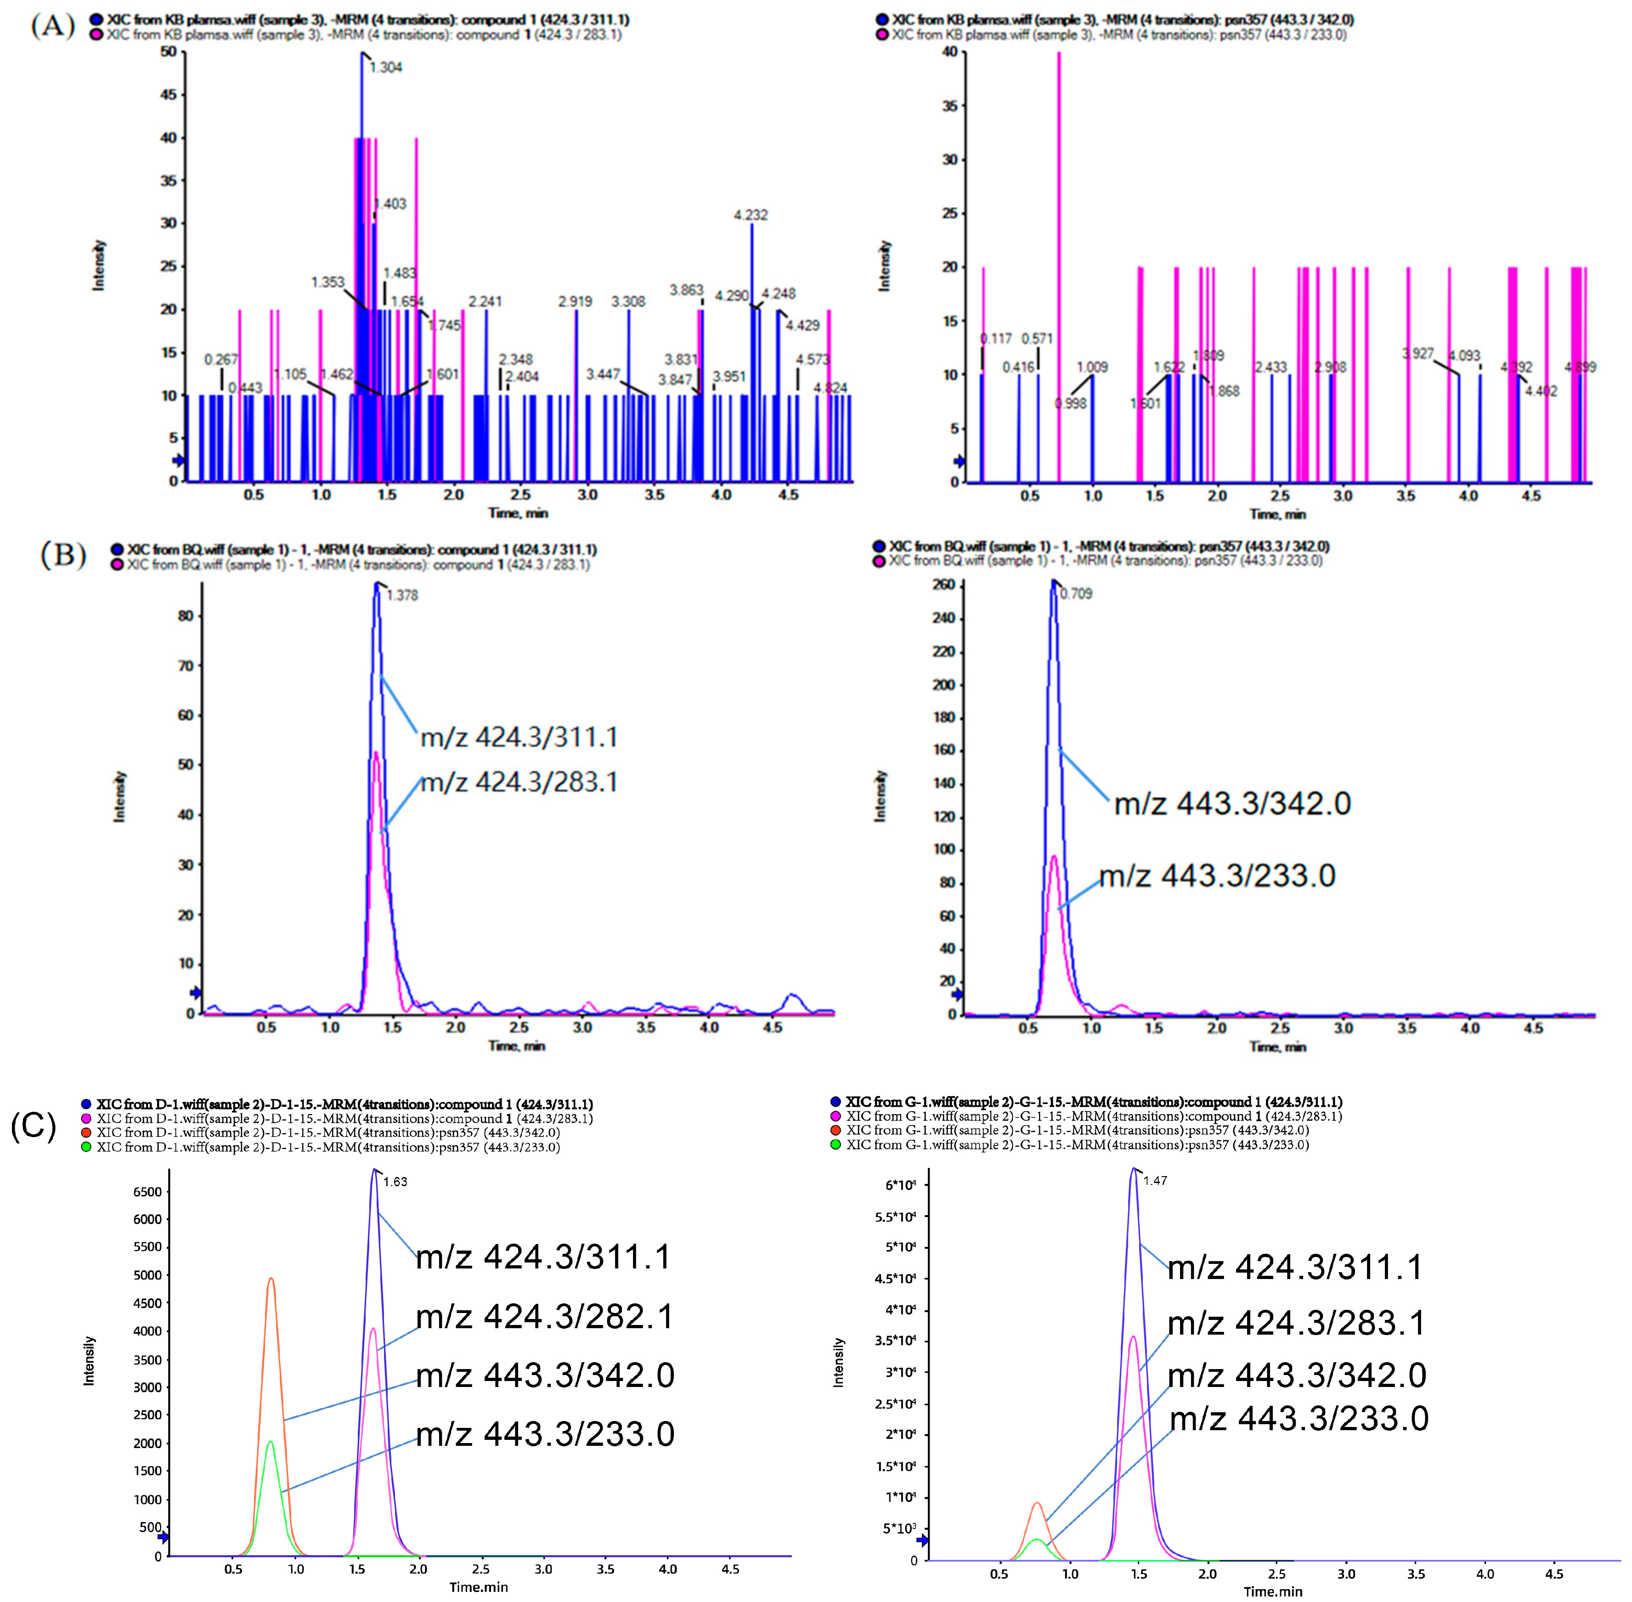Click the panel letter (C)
tap(34, 1125)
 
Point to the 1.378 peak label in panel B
tap(402, 595)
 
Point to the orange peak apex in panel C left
tap(271, 1279)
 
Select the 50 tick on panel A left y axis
tap(168, 52)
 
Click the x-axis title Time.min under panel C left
tap(478, 1587)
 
